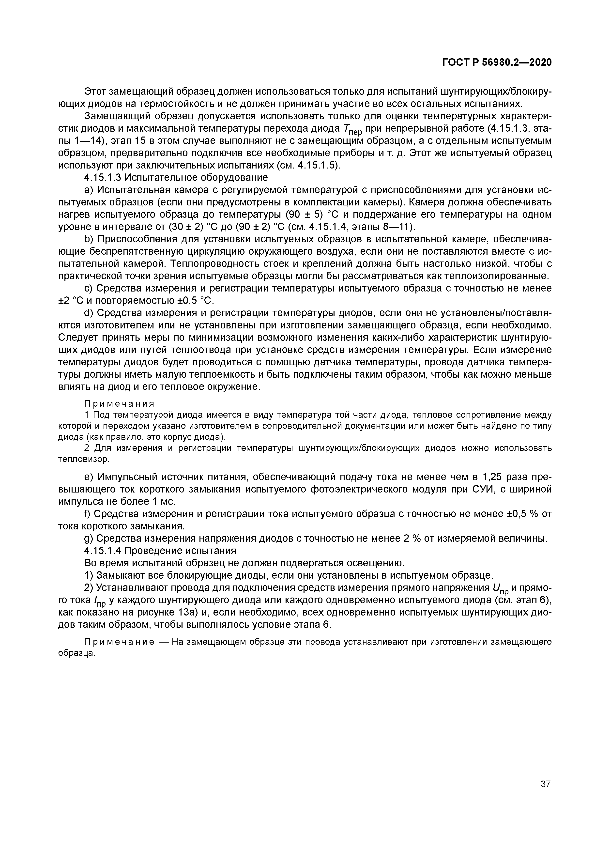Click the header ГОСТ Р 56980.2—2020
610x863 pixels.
click(497, 62)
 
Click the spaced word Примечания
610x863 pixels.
click(119, 404)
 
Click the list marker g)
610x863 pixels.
click(89, 539)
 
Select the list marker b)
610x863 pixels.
click(89, 239)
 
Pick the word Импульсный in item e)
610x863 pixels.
click(127, 477)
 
